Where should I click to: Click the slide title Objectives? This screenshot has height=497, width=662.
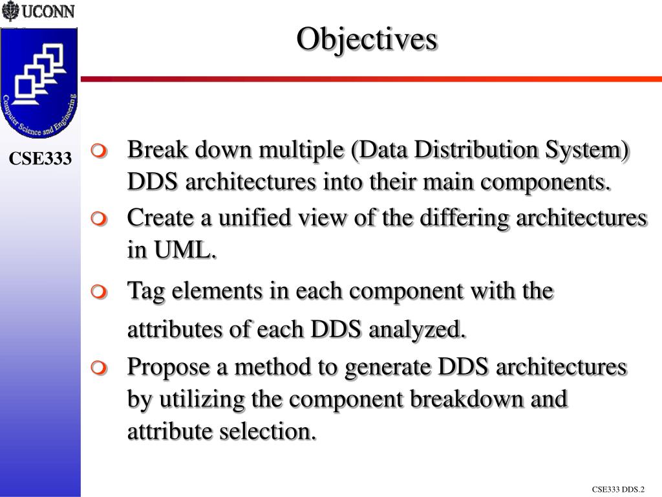[x=367, y=39]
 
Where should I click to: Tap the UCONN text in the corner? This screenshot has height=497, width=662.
[x=48, y=12]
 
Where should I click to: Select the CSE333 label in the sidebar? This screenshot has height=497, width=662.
[x=40, y=159]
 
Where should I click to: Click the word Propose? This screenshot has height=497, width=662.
[x=169, y=368]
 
